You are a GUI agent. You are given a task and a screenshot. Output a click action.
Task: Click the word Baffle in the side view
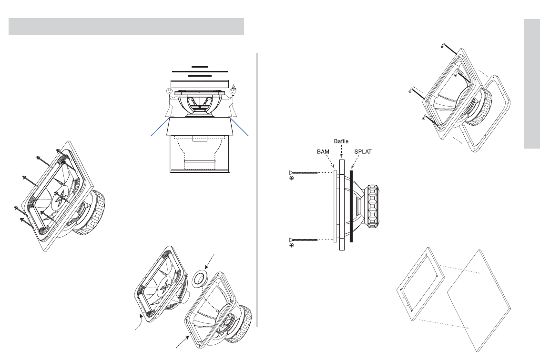coord(341,141)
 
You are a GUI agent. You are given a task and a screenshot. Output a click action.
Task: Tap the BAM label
coord(323,151)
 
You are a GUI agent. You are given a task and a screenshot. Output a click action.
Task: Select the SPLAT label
coord(363,151)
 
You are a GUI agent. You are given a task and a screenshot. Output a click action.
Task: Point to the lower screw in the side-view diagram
coord(303,240)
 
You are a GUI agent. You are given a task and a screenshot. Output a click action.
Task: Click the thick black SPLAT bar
coord(351,206)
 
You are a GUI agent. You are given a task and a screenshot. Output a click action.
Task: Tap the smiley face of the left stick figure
coord(170,91)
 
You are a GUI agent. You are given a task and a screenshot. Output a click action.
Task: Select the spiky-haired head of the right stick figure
coord(233,90)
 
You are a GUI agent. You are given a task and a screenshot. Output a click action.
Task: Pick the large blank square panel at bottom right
coord(479,301)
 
